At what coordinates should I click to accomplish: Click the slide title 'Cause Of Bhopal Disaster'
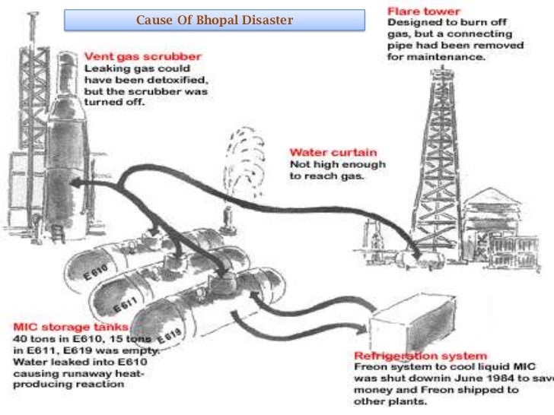coord(214,20)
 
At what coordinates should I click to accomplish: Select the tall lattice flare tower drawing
coord(441,144)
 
